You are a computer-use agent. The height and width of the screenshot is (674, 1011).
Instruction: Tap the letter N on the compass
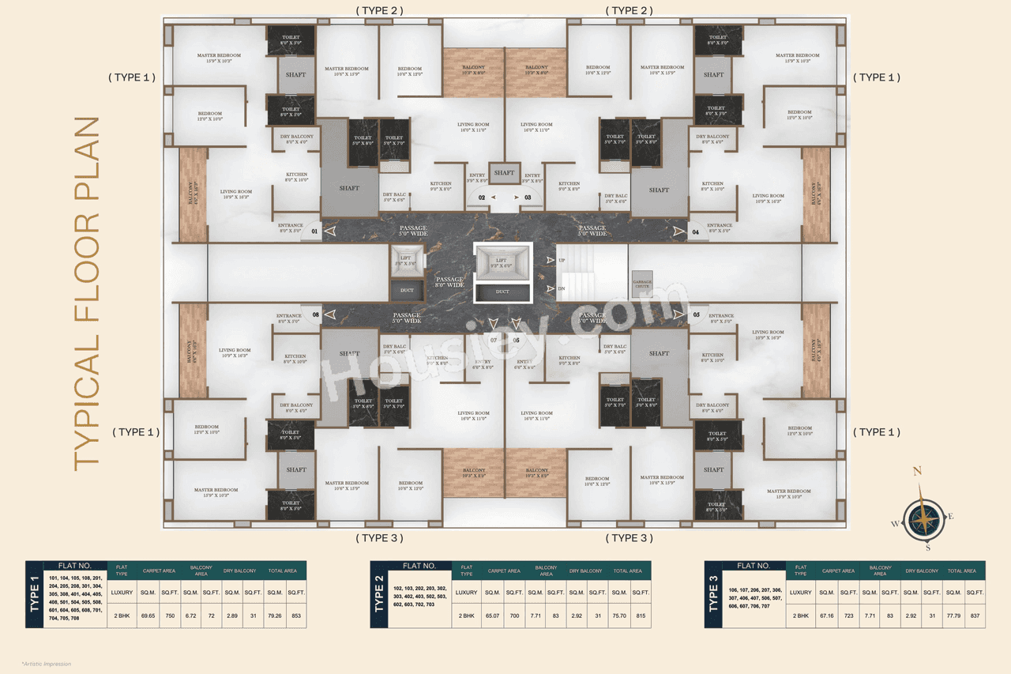(917, 472)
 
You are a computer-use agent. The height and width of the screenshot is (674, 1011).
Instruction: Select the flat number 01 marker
(315, 232)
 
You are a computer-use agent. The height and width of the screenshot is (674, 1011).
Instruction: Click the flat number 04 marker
(696, 232)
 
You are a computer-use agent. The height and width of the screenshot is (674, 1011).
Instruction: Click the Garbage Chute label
(641, 284)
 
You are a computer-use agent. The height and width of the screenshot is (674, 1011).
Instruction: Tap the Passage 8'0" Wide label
(450, 282)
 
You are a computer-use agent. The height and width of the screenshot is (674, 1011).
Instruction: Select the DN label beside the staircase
(562, 288)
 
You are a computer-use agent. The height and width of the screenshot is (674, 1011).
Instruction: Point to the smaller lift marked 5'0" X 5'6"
(407, 260)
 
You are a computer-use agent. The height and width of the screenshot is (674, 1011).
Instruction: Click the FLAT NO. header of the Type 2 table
(419, 566)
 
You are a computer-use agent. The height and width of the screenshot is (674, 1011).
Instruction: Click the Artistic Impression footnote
(47, 664)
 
